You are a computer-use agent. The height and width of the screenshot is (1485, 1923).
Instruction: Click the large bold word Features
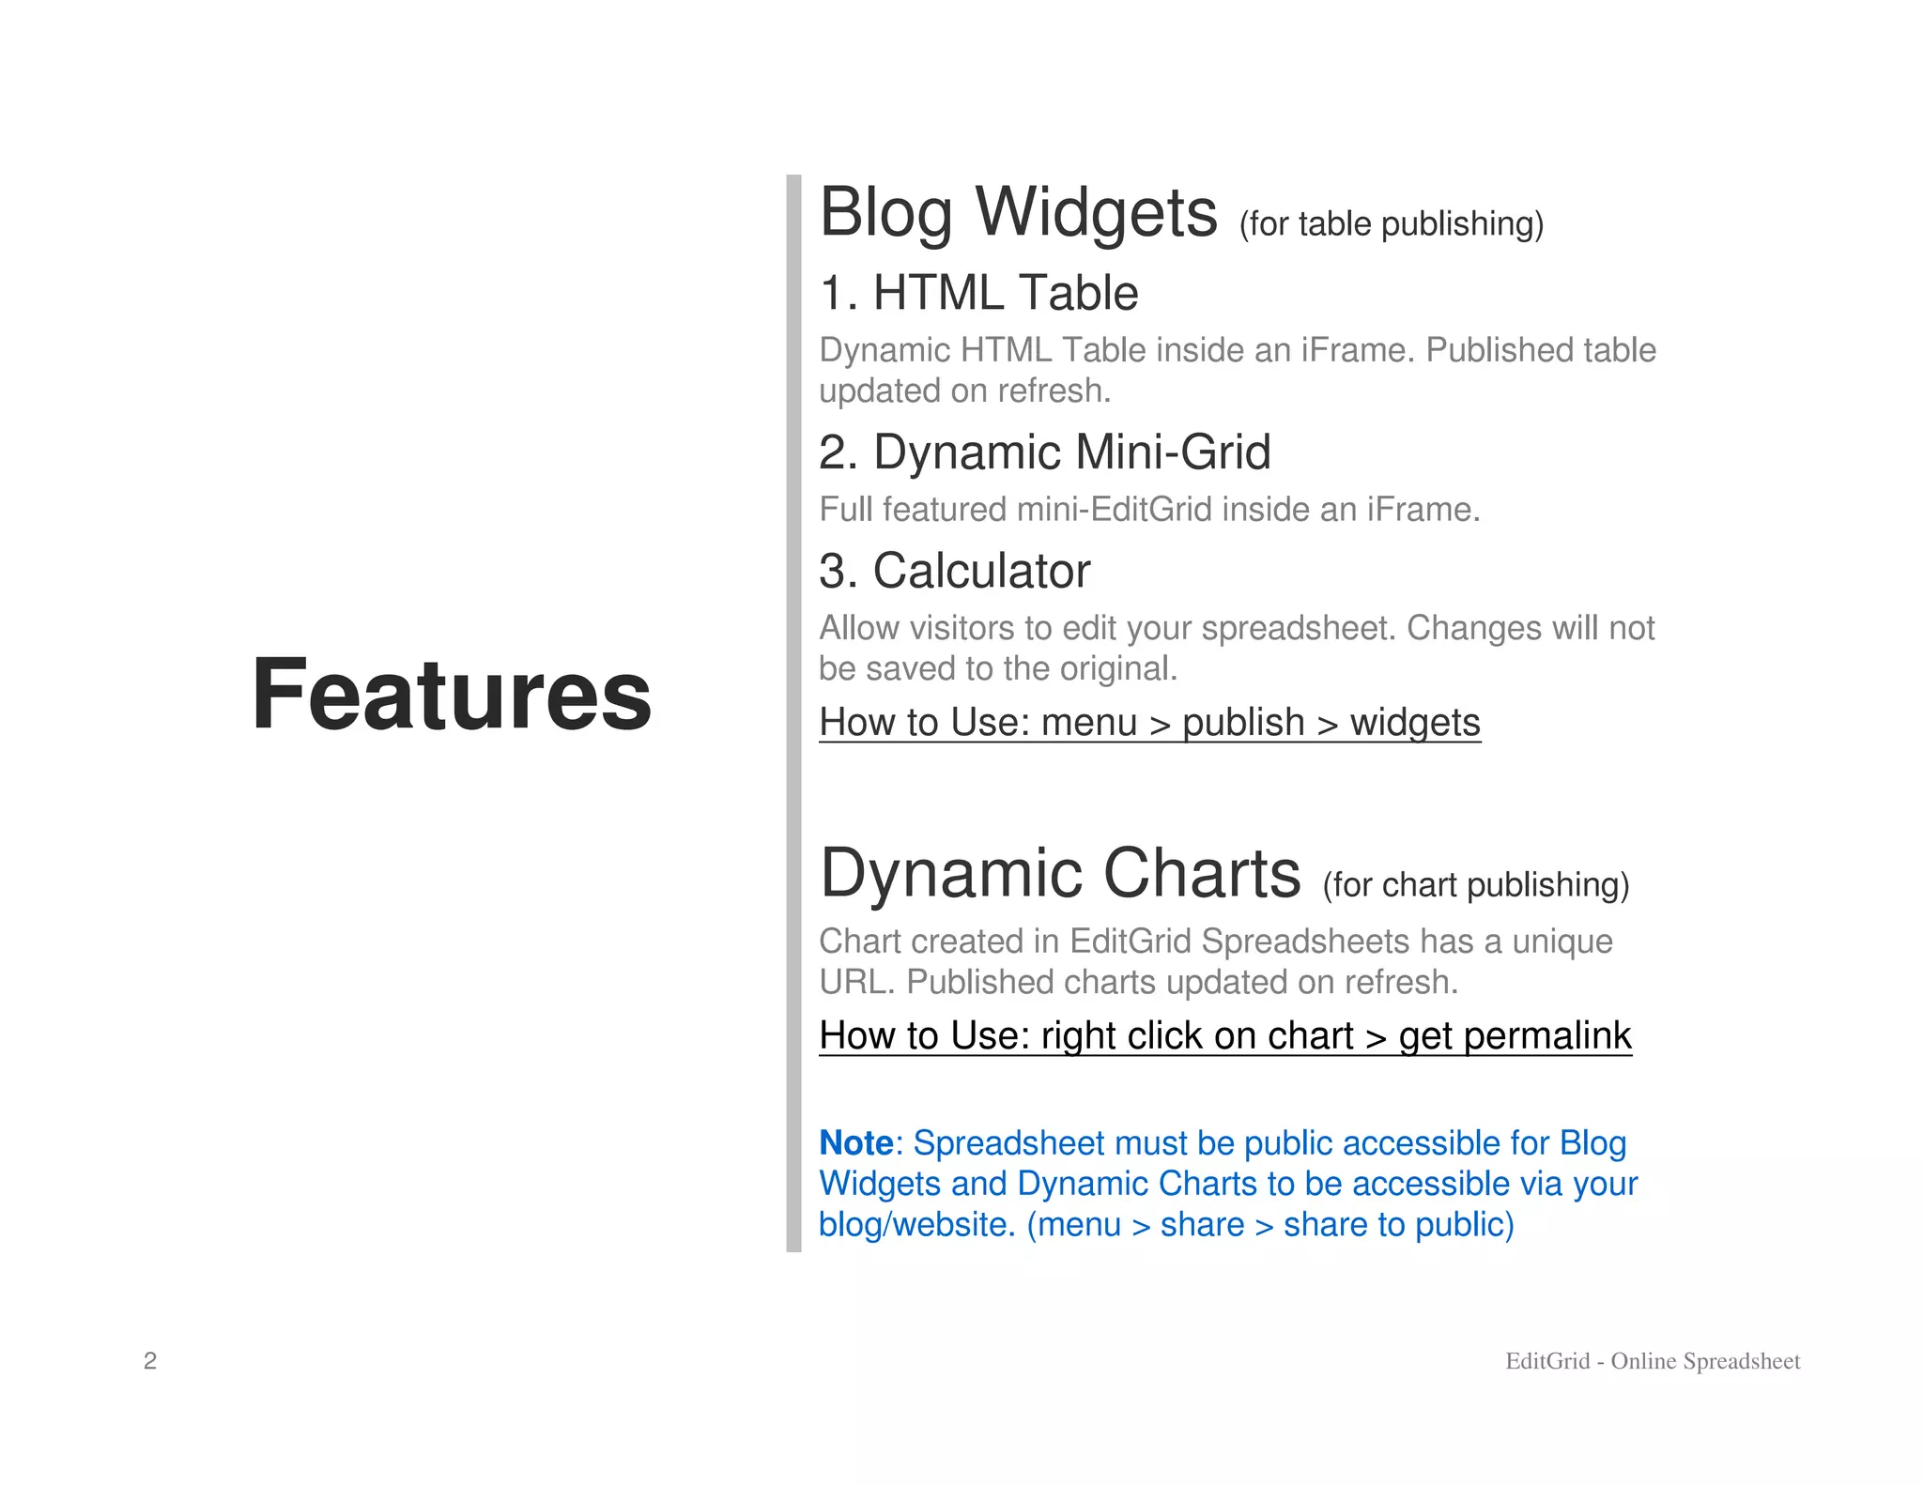tap(451, 695)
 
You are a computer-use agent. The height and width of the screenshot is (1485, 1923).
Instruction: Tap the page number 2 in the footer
tap(150, 1361)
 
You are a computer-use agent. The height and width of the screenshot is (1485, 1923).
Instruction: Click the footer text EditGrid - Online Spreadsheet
tap(1653, 1361)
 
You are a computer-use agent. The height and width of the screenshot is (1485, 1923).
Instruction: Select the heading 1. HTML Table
tap(978, 293)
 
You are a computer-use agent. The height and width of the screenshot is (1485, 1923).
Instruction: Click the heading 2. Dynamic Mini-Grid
tap(1044, 452)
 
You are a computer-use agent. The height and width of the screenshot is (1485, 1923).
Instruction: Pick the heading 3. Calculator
tap(954, 571)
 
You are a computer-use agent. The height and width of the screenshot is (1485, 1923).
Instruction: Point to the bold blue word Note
tap(855, 1143)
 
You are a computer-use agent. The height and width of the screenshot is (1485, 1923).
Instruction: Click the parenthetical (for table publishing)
tap(1391, 224)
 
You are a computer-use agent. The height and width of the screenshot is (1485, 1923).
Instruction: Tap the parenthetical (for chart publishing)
tap(1475, 885)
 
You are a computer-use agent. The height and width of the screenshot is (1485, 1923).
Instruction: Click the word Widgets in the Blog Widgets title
tap(1096, 213)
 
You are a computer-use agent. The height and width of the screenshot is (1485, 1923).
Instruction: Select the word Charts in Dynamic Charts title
tap(1201, 874)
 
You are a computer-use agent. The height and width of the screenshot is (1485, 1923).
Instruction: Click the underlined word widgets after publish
tap(1415, 723)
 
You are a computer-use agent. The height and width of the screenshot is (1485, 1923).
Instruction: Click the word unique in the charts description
tap(1561, 942)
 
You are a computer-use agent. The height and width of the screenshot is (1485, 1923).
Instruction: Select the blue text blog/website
tap(916, 1225)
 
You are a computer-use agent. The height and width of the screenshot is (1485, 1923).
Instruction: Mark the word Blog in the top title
tap(886, 213)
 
